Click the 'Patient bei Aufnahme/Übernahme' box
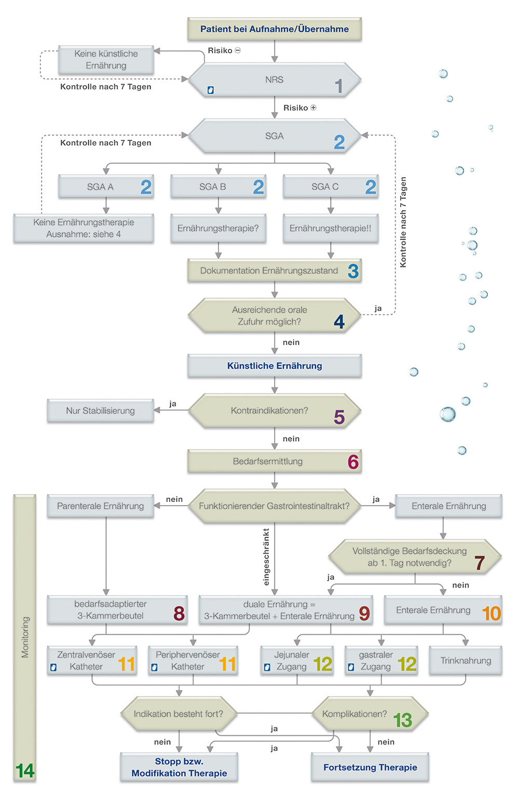274,29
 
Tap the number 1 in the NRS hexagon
338,86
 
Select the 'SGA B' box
218,187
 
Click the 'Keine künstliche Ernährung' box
106,60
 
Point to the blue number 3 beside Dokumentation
353,271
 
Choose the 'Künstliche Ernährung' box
274,366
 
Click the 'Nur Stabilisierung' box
100,411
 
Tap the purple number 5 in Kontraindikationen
339,417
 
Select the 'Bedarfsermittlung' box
274,462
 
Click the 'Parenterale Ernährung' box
100,506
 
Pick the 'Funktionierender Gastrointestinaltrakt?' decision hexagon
274,506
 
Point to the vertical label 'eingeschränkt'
267,557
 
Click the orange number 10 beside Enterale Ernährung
491,614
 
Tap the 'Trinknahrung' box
466,661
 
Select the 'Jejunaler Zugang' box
297,661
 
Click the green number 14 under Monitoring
24,771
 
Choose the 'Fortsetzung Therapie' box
370,767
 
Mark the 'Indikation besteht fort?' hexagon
179,714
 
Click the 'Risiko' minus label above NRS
224,51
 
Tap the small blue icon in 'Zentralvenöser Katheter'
53,667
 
